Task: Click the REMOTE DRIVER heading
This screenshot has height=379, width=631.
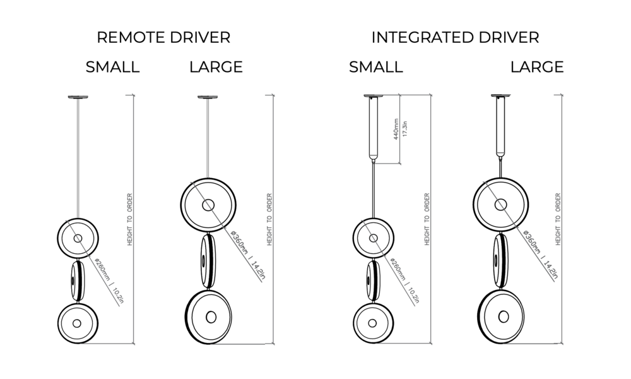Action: [x=163, y=37]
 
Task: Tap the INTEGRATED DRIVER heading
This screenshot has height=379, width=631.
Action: [x=455, y=37]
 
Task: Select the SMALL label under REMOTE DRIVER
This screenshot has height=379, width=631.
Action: [x=112, y=67]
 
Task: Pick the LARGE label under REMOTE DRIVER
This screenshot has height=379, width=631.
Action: [x=216, y=67]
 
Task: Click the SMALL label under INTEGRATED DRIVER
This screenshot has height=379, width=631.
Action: [x=375, y=67]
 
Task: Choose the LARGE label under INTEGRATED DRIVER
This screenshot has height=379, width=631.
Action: [x=537, y=67]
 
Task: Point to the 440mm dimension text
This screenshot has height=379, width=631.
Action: [x=396, y=129]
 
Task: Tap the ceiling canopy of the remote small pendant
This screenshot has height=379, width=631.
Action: [x=79, y=97]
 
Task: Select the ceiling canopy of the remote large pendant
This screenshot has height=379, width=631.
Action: [x=208, y=97]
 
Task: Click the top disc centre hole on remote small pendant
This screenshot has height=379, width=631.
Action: [x=78, y=238]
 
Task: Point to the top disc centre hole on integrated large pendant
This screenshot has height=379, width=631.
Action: [x=500, y=204]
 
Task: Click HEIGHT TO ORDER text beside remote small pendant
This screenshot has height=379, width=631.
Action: [x=129, y=219]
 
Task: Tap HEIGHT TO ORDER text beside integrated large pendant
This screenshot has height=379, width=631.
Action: [x=557, y=219]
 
